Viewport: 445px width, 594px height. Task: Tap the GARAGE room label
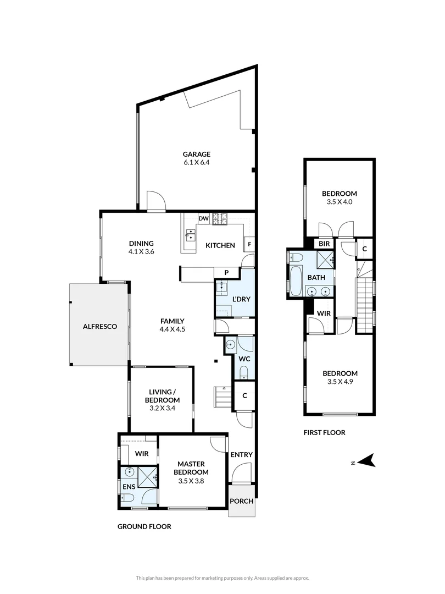197,155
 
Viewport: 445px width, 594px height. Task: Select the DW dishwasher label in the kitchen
203,219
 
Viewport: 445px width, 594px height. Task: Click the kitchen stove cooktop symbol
220,218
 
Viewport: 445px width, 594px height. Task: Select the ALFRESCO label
99,326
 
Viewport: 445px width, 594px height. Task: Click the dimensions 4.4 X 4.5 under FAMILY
172,330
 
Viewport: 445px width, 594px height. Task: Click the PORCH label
242,501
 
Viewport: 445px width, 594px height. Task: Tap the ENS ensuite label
129,487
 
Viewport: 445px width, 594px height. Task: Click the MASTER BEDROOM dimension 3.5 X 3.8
191,481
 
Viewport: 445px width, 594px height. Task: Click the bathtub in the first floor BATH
296,280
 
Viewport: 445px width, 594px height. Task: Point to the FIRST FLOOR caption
324,433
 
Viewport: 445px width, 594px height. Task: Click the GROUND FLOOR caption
144,526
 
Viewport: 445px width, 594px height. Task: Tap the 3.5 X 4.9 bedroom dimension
340,382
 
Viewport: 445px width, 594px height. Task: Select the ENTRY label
242,455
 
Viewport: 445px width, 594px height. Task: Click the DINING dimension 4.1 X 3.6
141,252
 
